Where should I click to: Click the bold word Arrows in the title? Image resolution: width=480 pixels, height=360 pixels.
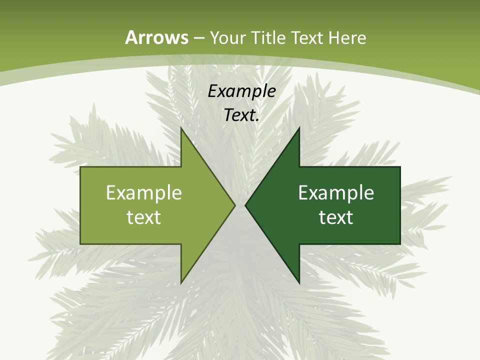point(156,37)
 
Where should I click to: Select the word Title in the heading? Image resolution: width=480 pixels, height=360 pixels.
point(268,38)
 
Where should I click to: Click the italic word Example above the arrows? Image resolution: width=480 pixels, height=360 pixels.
point(241,91)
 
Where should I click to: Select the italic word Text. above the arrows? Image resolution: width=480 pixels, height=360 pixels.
point(241,115)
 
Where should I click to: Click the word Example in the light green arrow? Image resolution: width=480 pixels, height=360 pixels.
point(144,192)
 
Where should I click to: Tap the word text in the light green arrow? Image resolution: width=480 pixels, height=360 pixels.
point(144,217)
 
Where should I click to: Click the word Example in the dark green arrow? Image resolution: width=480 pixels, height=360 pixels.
point(336,192)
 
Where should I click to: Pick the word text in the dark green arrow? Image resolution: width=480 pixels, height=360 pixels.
point(336,217)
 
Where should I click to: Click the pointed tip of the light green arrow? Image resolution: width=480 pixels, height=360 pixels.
point(234,205)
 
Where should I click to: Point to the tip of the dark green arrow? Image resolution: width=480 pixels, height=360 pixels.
point(245,205)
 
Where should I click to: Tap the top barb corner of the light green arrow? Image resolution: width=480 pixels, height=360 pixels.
point(181,128)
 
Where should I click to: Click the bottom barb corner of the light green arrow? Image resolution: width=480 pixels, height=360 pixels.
point(181,282)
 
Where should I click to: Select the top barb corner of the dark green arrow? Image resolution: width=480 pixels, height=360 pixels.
point(298,128)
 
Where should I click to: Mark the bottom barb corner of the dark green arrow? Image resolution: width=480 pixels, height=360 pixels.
point(298,282)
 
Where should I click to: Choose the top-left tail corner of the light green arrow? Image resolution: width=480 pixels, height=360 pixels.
point(81,167)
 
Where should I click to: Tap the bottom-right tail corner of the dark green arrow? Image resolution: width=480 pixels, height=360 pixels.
point(399,243)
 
